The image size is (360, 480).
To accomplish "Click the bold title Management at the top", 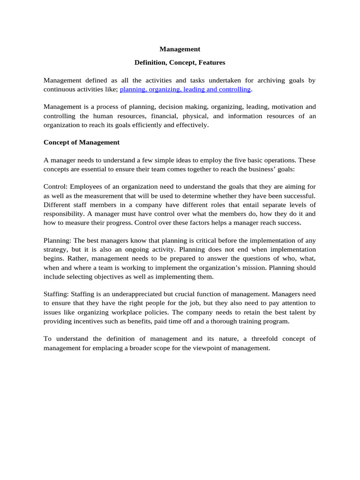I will [180, 49].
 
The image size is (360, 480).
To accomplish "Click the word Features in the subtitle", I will [211, 62].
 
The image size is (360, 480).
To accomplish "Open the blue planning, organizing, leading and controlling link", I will [186, 89].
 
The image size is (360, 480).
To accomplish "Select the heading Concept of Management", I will [82, 142].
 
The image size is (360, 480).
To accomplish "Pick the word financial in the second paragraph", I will [195, 116].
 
